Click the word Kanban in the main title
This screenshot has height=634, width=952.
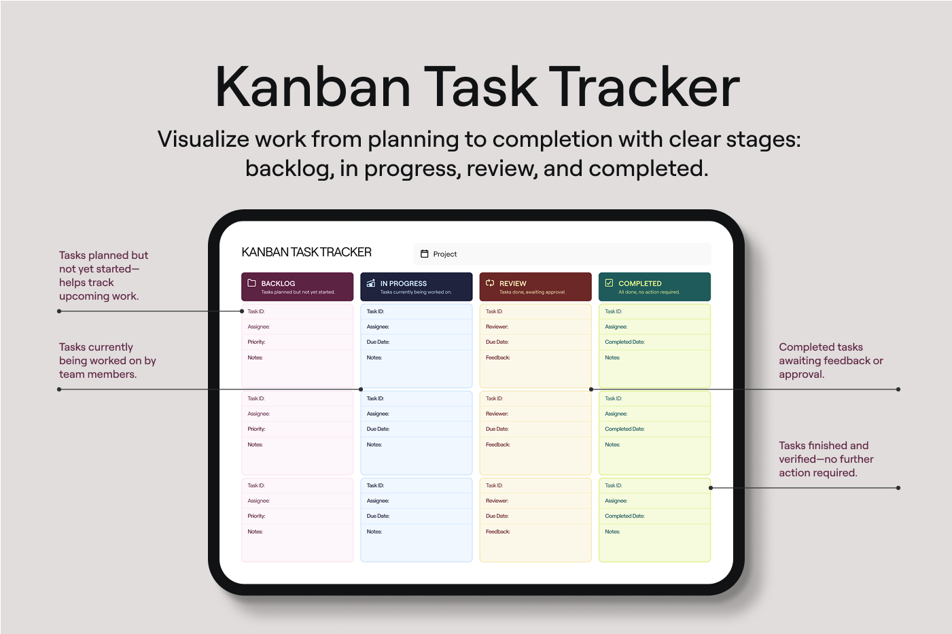point(313,87)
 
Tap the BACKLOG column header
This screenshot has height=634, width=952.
point(297,287)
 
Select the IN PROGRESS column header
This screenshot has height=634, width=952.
point(416,287)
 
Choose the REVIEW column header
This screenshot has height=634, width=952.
point(535,287)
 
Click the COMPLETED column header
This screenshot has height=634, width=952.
point(654,287)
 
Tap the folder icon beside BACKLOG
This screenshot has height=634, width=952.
point(251,283)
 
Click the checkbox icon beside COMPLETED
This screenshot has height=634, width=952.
point(609,283)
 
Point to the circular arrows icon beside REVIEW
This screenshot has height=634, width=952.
point(490,283)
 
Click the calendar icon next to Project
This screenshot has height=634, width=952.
point(424,253)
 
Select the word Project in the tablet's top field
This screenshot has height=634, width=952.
point(445,254)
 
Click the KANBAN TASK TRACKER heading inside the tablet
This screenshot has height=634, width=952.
point(306,252)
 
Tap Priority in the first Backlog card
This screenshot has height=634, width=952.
point(256,342)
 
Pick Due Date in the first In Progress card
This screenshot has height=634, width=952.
point(378,342)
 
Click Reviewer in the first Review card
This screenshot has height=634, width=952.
point(497,327)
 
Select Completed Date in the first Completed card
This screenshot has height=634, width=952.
point(624,342)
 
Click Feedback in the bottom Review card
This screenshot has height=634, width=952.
point(497,531)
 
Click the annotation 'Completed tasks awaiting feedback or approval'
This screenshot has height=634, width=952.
point(831,360)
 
